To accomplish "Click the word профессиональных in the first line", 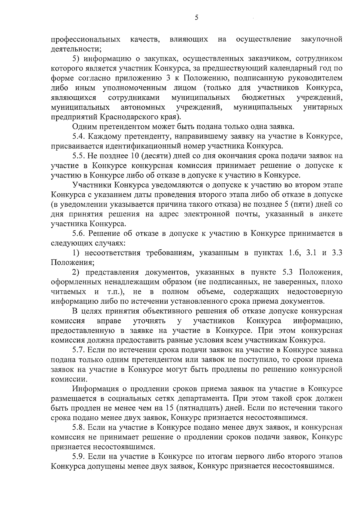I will click(86, 39).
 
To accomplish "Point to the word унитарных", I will click(323, 107).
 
